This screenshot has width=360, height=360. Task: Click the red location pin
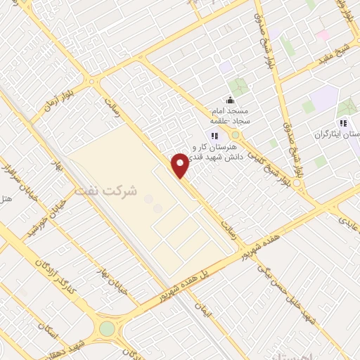[x=181, y=165]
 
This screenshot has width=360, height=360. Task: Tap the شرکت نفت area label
[x=105, y=191]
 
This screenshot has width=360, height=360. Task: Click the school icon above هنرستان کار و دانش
[x=213, y=136]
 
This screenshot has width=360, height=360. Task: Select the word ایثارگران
[x=345, y=134]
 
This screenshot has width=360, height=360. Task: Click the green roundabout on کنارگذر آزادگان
[x=107, y=329]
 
